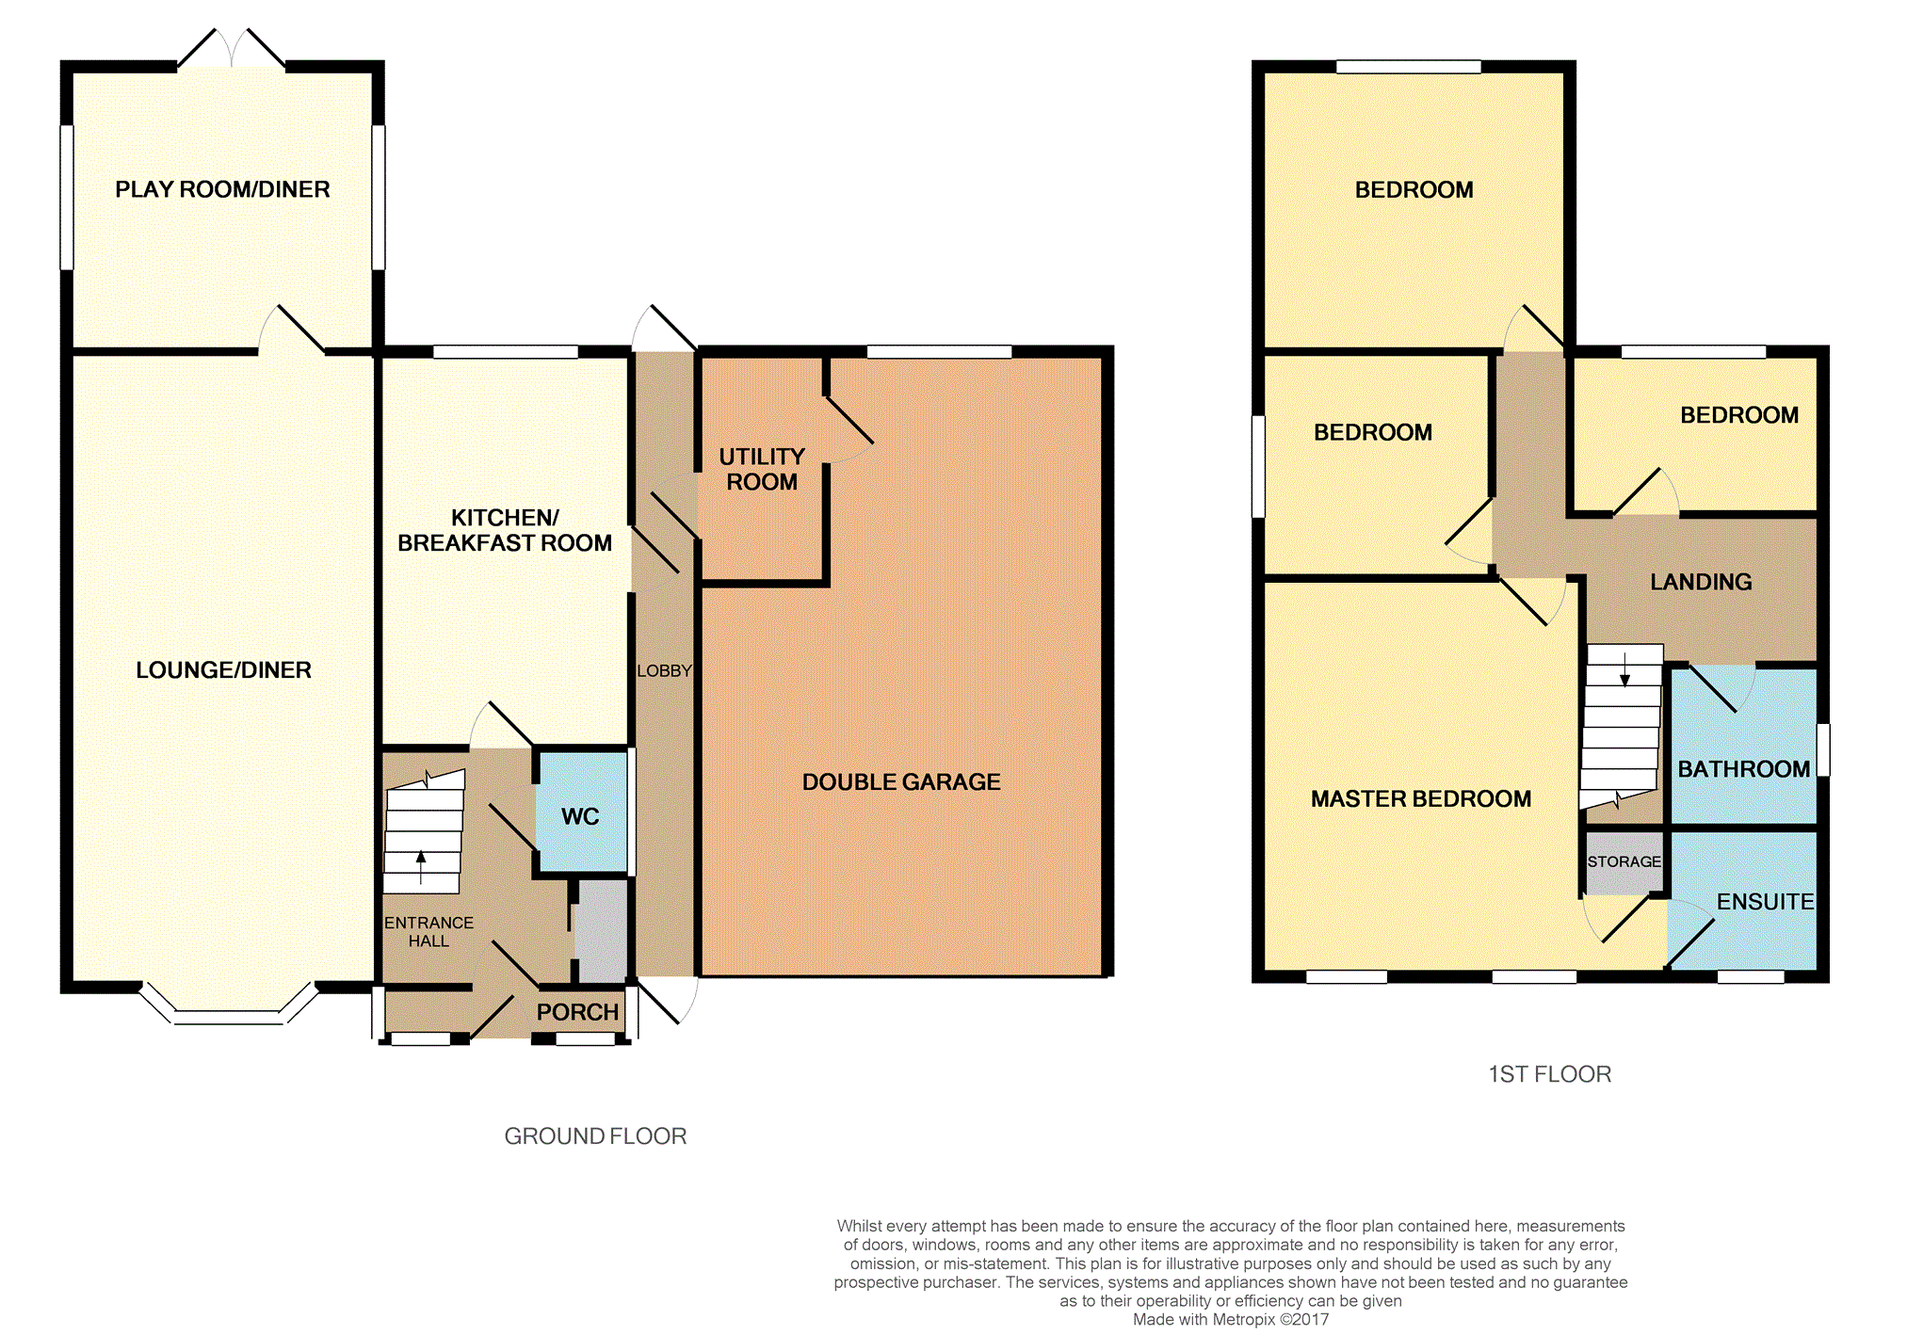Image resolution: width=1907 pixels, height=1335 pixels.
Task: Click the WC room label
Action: pos(580,816)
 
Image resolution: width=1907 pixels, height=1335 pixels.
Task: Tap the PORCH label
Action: pos(577,1012)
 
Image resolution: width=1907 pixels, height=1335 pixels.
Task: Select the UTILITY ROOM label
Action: pos(762,469)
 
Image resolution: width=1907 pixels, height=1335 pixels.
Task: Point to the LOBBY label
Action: pos(664,670)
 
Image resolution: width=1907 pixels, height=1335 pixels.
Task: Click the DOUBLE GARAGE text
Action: pos(901,781)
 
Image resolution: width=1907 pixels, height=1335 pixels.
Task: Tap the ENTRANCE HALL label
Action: pos(428,932)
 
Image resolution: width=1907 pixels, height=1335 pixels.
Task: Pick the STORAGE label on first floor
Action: pos(1624,861)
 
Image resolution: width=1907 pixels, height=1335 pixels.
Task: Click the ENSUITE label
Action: pos(1765,902)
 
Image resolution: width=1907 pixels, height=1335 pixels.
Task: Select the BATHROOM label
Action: pos(1744,769)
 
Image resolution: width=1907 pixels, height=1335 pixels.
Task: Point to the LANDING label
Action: pos(1701,582)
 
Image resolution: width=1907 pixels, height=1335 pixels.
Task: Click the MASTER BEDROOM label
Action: pos(1421,799)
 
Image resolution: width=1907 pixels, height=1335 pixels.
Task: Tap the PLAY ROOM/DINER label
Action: pos(222,189)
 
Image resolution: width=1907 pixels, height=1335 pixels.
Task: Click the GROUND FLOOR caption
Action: pos(595,1136)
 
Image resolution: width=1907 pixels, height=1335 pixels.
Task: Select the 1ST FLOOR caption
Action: pos(1549,1074)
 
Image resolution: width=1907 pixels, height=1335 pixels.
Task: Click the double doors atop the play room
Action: pos(231,49)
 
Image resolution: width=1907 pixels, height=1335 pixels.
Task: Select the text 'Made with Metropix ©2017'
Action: pos(1230,1319)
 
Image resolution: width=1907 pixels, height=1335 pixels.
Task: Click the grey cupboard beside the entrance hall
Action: pos(602,931)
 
